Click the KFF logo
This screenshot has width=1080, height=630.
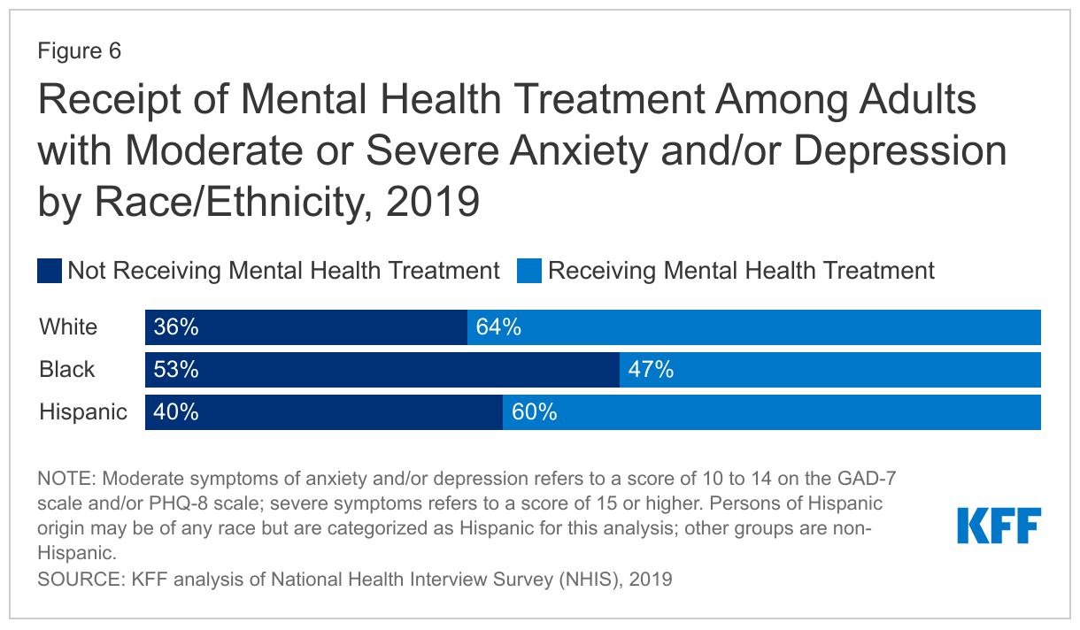click(x=999, y=526)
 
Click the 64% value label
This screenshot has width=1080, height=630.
click(x=498, y=327)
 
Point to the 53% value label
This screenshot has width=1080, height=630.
click(x=175, y=370)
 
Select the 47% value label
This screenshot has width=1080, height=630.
click(x=651, y=370)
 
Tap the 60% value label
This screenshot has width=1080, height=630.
click(x=534, y=412)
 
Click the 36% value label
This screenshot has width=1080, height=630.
click(x=175, y=327)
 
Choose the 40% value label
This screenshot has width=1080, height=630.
click(x=175, y=412)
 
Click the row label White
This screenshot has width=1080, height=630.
click(x=68, y=327)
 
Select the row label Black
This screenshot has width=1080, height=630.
click(x=66, y=370)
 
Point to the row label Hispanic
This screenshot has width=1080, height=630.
click(x=83, y=412)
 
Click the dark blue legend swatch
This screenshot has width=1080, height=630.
click(x=50, y=271)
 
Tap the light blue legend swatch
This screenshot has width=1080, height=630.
click(x=528, y=271)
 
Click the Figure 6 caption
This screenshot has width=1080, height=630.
click(x=79, y=51)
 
